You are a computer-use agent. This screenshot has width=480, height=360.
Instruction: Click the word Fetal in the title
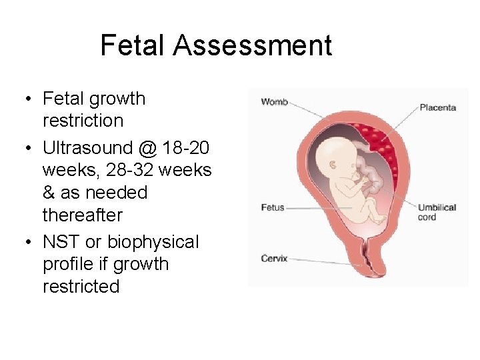click(x=133, y=45)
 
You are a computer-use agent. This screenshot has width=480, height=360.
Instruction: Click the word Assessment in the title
click(x=252, y=45)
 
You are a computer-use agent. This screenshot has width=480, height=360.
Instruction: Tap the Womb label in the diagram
click(x=274, y=102)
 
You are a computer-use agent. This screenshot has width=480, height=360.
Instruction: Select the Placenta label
click(x=437, y=107)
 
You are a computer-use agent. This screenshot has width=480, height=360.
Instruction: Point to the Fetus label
click(x=272, y=207)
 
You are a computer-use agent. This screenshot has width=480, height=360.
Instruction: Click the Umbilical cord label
click(x=437, y=212)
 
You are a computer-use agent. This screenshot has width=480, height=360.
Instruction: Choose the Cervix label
click(x=274, y=258)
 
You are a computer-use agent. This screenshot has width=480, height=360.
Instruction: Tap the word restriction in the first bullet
click(x=83, y=121)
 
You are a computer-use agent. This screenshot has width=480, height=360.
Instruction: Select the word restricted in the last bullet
click(x=81, y=287)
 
